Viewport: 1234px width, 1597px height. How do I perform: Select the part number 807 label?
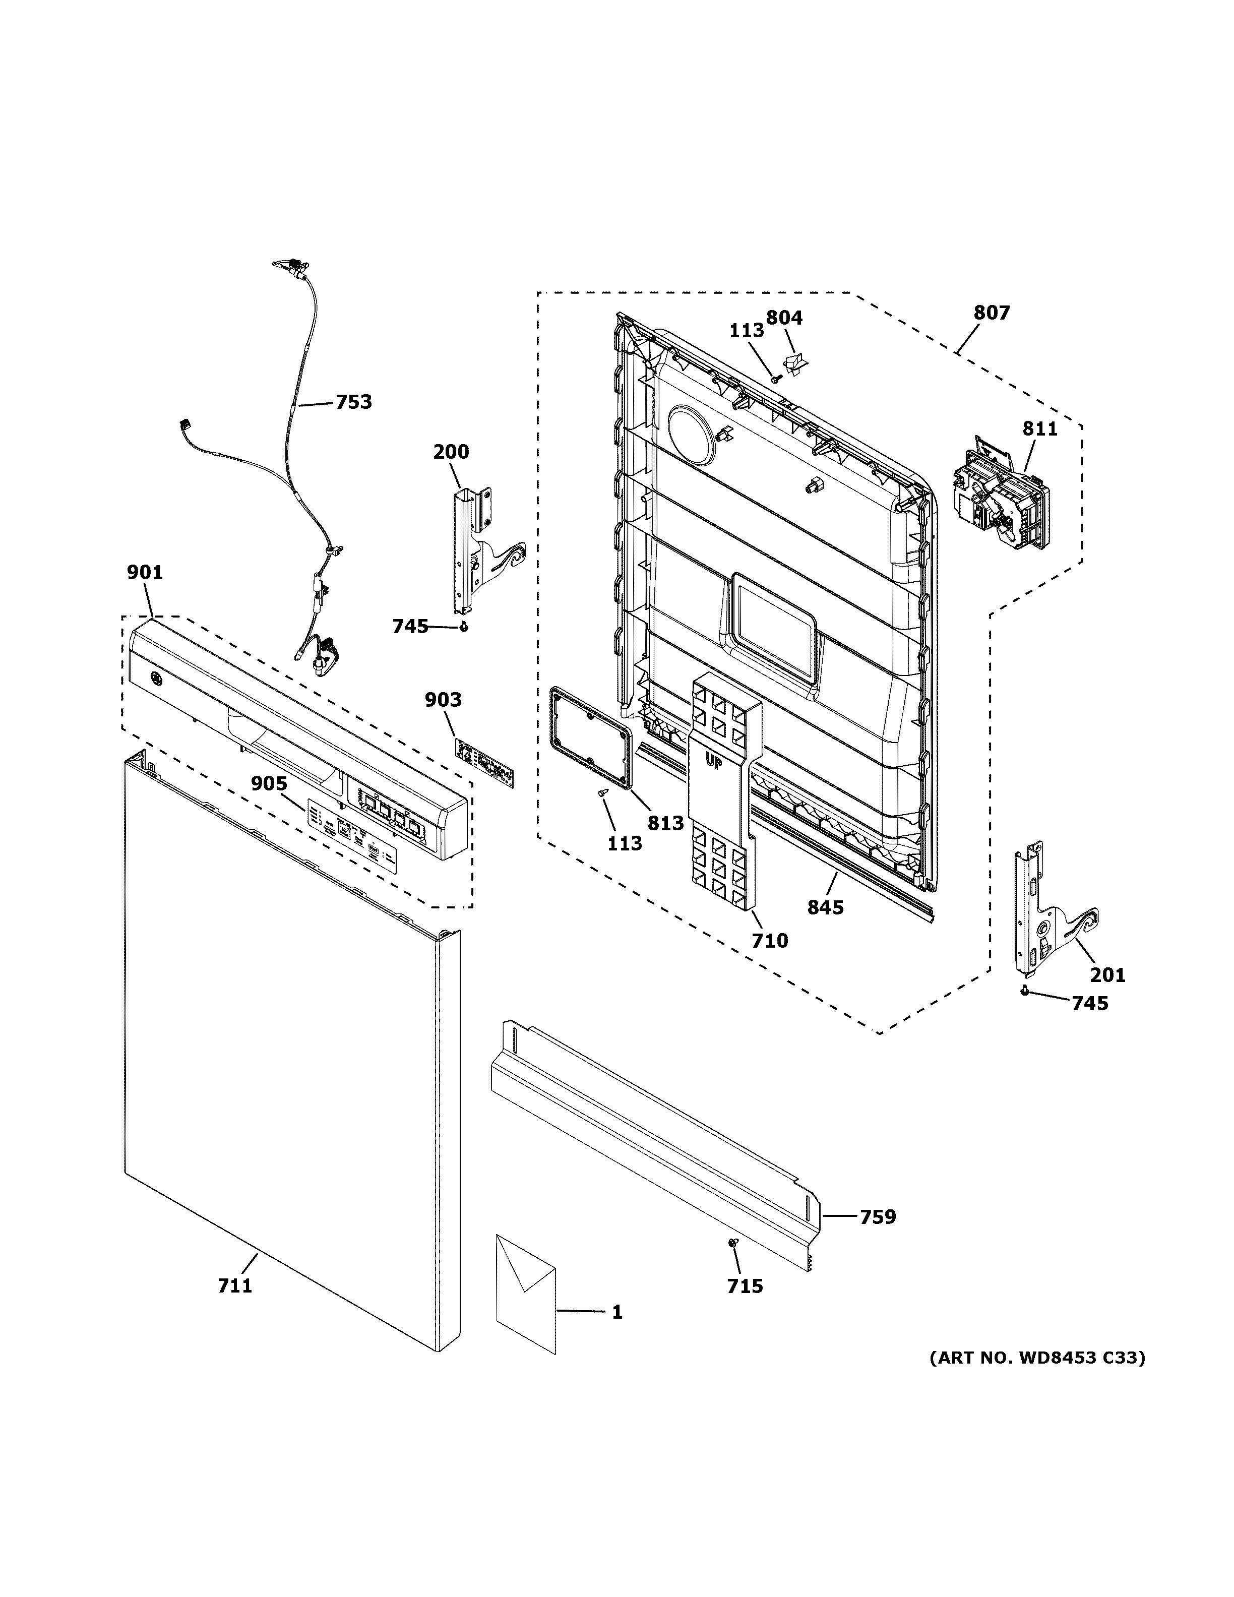point(992,313)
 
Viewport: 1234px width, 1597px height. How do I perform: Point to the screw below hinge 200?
point(463,627)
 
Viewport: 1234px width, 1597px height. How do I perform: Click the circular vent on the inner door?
point(691,435)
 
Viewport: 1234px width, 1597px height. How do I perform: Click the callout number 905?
point(269,784)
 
